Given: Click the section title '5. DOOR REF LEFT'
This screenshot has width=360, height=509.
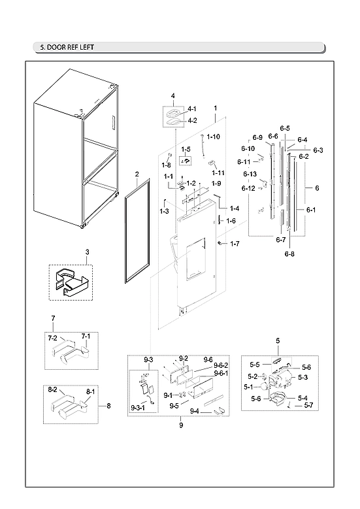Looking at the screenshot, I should click(64, 48).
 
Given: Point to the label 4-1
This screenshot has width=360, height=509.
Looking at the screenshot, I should click(192, 108).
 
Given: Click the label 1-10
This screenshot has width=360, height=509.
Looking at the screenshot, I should click(214, 137).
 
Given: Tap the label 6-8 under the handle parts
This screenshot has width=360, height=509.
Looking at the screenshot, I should click(289, 253).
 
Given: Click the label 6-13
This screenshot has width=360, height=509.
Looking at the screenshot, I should click(250, 174).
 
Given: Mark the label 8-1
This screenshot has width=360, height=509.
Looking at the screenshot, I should click(90, 391).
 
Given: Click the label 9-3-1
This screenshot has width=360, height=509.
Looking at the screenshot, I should click(139, 408).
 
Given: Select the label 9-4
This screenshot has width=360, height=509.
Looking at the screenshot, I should click(194, 411).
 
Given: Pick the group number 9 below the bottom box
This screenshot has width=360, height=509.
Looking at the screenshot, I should click(181, 425).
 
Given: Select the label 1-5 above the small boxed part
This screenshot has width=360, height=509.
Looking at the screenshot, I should click(186, 149).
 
